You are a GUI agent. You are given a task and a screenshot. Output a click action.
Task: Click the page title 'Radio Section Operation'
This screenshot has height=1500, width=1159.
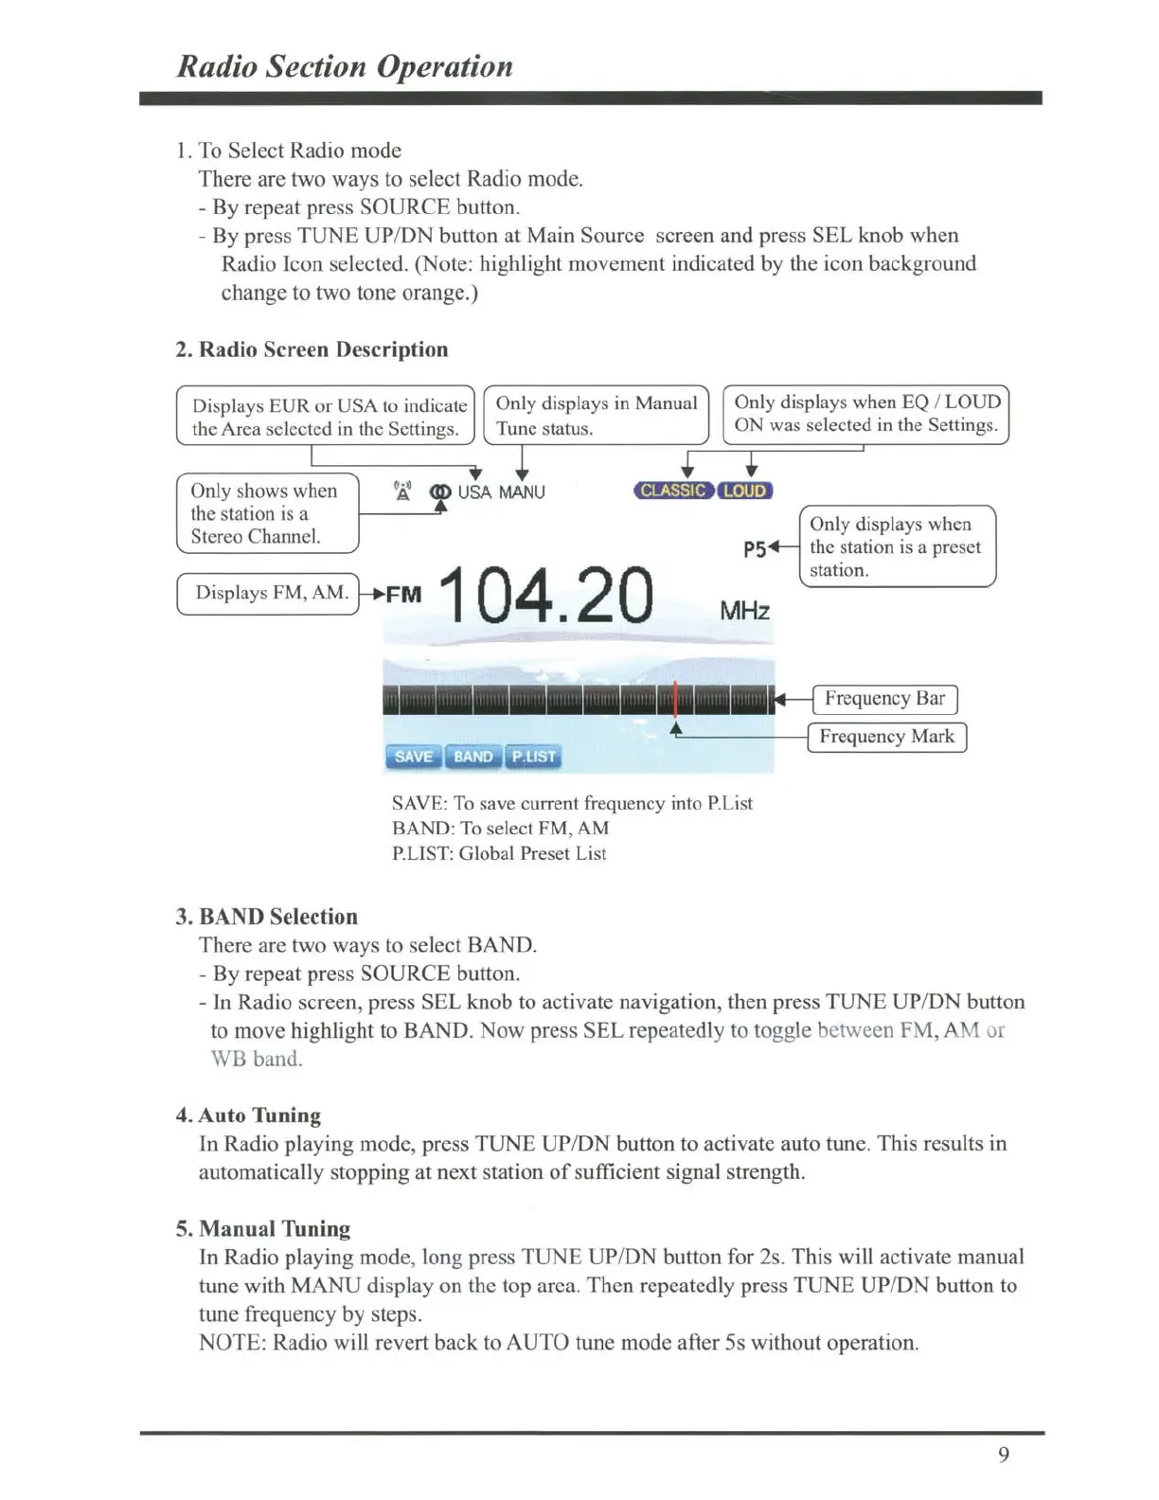[345, 66]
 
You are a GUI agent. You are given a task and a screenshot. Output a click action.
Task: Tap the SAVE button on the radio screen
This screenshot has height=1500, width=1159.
[413, 757]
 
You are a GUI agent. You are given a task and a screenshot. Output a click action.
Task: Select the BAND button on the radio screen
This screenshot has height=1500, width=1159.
[473, 757]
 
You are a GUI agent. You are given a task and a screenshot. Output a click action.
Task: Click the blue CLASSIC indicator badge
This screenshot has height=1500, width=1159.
[672, 491]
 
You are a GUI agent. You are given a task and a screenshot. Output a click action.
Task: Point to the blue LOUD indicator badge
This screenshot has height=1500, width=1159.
[745, 491]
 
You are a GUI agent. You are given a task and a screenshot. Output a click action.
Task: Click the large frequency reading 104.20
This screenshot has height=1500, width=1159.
[546, 597]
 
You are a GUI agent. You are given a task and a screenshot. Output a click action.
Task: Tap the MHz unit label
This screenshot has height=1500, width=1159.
[744, 611]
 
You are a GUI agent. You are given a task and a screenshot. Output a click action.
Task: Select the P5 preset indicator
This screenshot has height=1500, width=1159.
[754, 549]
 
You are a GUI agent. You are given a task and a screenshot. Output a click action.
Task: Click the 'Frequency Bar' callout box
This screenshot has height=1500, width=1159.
[884, 699]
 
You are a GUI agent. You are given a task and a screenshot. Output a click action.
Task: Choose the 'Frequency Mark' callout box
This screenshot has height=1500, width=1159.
[886, 737]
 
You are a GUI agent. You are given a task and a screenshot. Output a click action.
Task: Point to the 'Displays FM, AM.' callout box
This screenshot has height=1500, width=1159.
[269, 593]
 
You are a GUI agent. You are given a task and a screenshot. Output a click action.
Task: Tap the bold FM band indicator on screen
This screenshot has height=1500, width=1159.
[403, 595]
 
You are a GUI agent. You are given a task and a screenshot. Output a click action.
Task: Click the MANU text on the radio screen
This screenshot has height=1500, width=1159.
[522, 492]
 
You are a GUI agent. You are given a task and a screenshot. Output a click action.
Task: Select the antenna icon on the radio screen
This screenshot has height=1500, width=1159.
[403, 491]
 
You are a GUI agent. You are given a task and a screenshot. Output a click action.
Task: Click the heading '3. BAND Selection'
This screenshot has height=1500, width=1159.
[267, 917]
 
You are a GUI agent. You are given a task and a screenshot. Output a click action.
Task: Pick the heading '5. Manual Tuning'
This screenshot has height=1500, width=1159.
[263, 1229]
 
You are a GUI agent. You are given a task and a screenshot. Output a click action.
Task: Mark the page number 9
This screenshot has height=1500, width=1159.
[1004, 1455]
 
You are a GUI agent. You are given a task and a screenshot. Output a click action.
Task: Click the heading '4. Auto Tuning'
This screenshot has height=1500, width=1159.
[248, 1116]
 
